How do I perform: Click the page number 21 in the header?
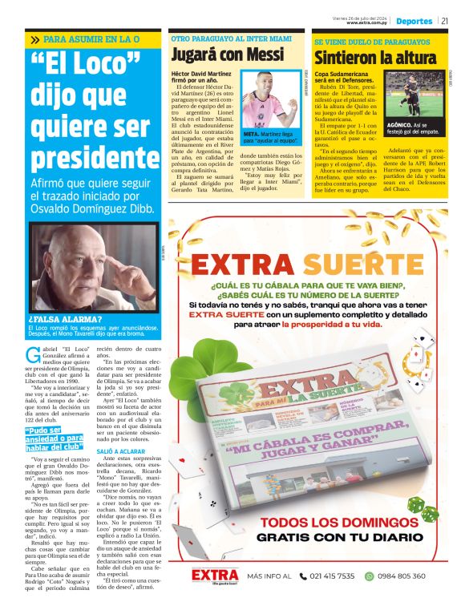[x=444, y=21]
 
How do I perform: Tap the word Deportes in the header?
[x=414, y=21]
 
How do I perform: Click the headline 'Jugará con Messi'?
[x=228, y=55]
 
